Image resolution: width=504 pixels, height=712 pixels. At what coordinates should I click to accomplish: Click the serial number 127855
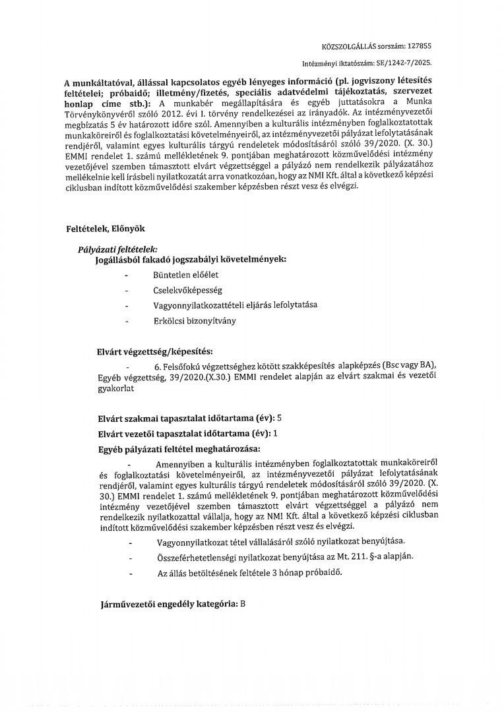click(x=421, y=47)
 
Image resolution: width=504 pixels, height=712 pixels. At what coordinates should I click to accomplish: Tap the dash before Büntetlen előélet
click(x=126, y=274)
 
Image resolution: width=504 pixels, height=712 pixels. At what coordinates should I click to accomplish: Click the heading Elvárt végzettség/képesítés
click(x=155, y=350)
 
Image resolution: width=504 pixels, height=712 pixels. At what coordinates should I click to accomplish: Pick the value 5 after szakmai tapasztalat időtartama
click(x=280, y=418)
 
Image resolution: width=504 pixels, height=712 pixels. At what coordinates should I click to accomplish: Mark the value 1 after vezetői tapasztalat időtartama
click(x=275, y=433)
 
